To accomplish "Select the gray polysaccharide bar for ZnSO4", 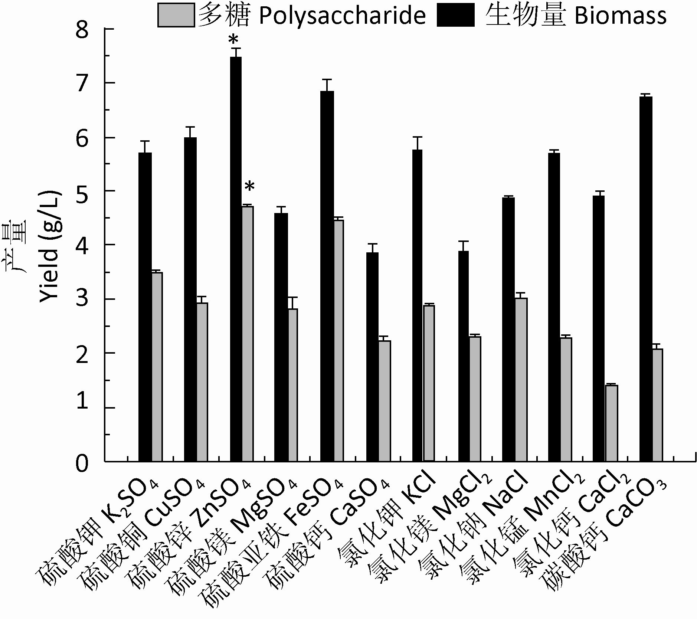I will (x=248, y=334).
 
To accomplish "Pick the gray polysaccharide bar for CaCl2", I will (x=611, y=423).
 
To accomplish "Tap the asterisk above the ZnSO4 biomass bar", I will (x=233, y=39).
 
